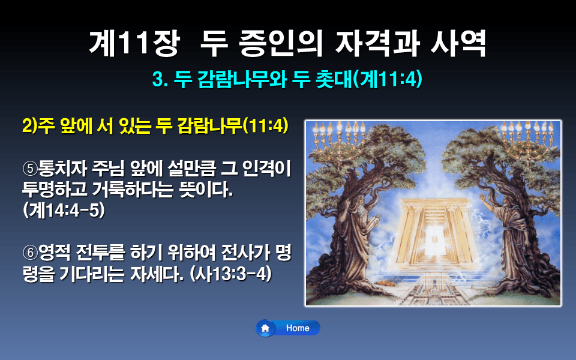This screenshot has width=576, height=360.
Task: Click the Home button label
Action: (x=298, y=328)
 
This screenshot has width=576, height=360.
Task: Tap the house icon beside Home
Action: (x=265, y=328)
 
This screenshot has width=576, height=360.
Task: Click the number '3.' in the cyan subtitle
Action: (x=160, y=80)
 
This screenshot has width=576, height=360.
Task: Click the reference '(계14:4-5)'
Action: (x=63, y=211)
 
